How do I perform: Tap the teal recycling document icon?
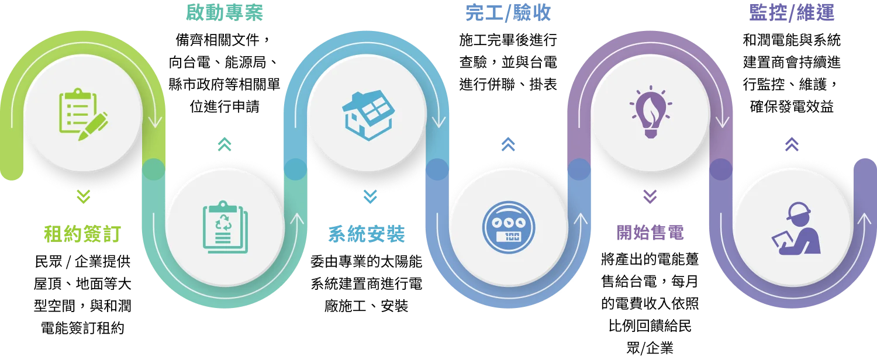(225, 227)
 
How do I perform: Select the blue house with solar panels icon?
(367, 115)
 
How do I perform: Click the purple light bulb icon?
(651, 112)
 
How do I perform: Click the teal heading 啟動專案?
(225, 13)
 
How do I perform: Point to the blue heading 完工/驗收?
(508, 13)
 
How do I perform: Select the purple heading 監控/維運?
(792, 13)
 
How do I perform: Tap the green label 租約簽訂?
(82, 234)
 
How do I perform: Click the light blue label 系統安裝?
(367, 234)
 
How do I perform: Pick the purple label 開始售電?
(651, 234)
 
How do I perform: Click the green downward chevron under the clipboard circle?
(84, 198)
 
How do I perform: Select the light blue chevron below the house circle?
(369, 198)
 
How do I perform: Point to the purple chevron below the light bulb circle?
(650, 198)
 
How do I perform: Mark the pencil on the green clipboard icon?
(94, 125)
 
